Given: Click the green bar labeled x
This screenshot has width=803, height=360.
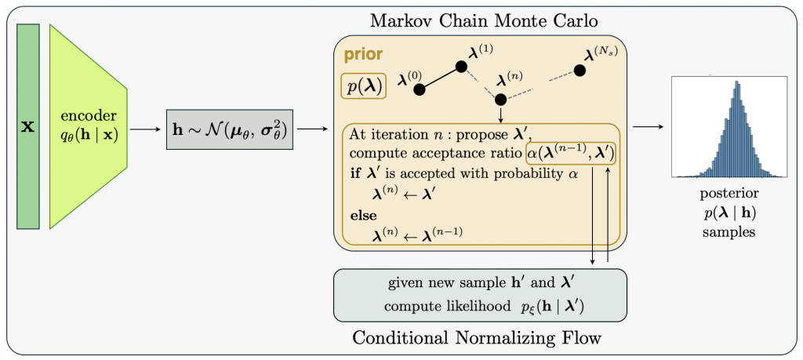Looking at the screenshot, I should pyautogui.click(x=27, y=125).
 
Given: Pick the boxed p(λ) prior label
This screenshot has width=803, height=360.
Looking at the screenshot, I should pyautogui.click(x=362, y=86).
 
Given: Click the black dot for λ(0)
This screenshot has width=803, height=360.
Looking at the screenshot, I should pyautogui.click(x=419, y=89).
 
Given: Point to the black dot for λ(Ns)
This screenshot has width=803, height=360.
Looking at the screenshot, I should pyautogui.click(x=580, y=71).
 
